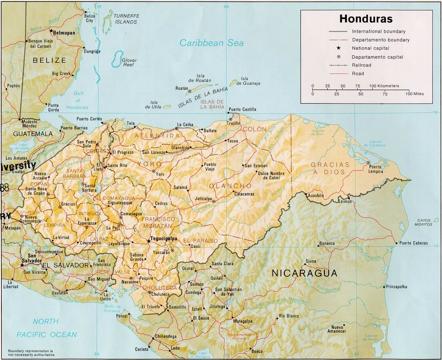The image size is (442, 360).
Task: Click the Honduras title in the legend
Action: point(366,19)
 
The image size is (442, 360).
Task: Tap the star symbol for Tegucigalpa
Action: point(149,241)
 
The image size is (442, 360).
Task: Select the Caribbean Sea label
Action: point(211,43)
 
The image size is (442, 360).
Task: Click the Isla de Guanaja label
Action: point(250,81)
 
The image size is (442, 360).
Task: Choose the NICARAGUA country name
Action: point(304,273)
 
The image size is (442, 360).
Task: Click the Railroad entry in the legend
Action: point(362,65)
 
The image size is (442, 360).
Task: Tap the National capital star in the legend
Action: point(338,48)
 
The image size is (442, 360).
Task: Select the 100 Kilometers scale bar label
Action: point(384,86)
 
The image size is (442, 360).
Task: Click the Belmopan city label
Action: point(64,33)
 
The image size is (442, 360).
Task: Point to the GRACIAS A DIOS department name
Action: point(330,168)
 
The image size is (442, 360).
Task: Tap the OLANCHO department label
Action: point(230,186)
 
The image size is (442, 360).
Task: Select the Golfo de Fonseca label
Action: point(112,308)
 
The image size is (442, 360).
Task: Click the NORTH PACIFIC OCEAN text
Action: point(46,328)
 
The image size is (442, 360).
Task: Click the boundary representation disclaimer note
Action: point(32,353)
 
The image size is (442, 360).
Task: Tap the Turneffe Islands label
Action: point(125,19)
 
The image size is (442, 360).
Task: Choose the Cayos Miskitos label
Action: point(424,222)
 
